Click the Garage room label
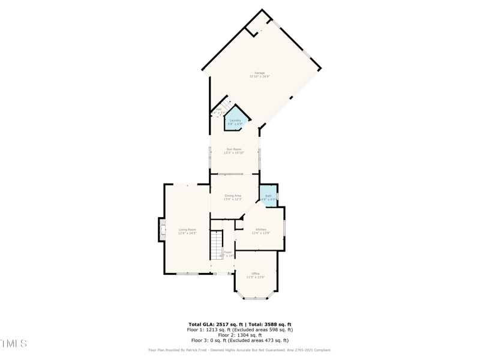pos(259,73)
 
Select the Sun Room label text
pos(233,149)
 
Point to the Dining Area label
pos(233,196)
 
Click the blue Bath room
pos(268,197)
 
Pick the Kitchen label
pos(261,230)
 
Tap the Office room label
pos(256,274)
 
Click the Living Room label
pos(187,230)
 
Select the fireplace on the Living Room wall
pos(161,230)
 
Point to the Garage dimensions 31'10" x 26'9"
pos(260,77)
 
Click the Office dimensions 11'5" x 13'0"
pos(256,277)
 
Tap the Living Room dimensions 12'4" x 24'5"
pos(187,233)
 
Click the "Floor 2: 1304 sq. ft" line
pos(239,335)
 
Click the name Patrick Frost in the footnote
pos(191,350)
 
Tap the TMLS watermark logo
pos(14,344)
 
